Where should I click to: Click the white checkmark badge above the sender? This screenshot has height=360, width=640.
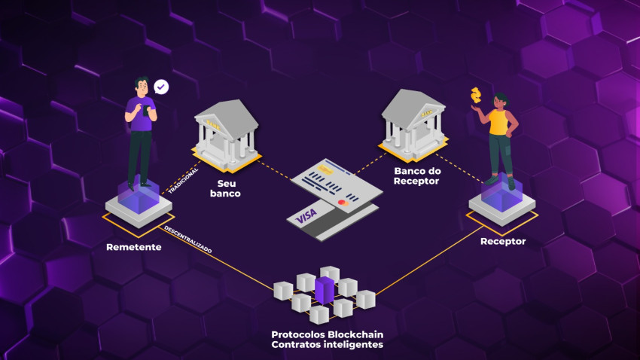coord(161,87)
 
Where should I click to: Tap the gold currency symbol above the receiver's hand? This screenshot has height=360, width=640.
coord(475,96)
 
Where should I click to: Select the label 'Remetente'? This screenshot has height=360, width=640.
coord(133,246)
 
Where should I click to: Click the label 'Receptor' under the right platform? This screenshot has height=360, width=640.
coord(502,241)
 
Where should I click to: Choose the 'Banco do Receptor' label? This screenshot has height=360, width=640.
coord(418,176)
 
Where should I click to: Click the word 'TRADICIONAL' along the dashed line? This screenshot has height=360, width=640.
coord(183,181)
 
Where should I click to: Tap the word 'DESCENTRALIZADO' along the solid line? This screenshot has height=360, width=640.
coord(188,239)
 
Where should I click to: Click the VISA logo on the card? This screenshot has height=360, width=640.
coord(306,217)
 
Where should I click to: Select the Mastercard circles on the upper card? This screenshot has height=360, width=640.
coord(343,202)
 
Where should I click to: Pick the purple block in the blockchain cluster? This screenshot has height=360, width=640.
coord(325,291)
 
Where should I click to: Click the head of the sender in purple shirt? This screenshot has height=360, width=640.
coord(142,85)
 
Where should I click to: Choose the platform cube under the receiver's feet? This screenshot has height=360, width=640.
coord(501,201)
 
